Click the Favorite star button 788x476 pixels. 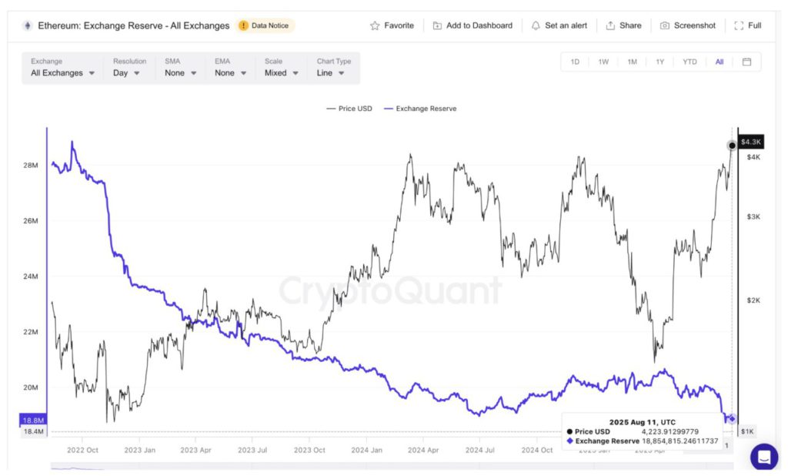pos(392,25)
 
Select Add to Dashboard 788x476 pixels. pos(472,25)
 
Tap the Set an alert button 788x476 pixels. pos(559,25)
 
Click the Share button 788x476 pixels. pos(623,25)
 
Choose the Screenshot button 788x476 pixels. pos(688,25)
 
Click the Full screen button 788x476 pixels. pos(748,25)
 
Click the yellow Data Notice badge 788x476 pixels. pos(265,25)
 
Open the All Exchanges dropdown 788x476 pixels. pos(63,73)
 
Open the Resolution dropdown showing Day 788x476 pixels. pos(127,73)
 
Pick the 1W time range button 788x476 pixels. pos(603,62)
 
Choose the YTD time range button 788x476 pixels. pos(689,62)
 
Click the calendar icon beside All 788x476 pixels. pos(746,62)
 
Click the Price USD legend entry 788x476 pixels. pos(349,109)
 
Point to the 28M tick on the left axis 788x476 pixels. pos(31,166)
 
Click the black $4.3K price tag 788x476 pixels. pos(750,142)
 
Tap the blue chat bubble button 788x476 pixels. pos(764,457)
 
